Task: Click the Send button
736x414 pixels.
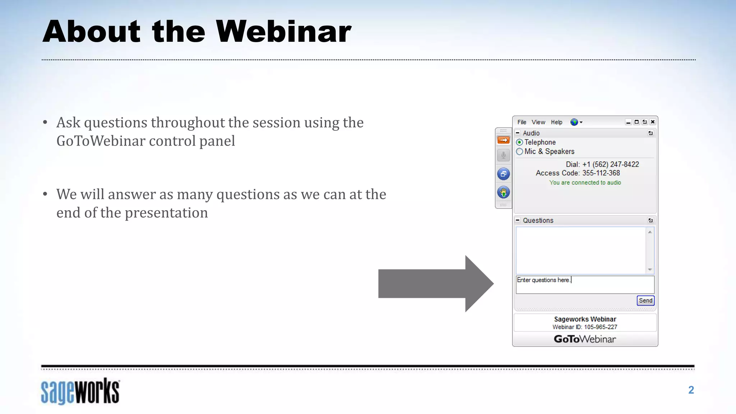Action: tap(645, 300)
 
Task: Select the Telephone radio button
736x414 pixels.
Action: tap(520, 142)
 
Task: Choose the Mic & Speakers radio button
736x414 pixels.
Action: tap(520, 152)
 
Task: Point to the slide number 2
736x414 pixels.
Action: tap(691, 390)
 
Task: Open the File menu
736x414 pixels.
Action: tap(522, 122)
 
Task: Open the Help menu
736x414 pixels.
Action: tap(556, 122)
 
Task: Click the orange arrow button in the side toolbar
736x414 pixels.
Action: tap(503, 140)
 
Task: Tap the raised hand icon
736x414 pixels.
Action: tap(503, 192)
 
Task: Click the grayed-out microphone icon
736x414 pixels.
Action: tap(503, 155)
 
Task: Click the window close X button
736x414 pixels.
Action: tap(653, 122)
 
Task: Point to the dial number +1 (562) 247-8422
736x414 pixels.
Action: tap(611, 164)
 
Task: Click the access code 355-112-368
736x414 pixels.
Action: tap(601, 173)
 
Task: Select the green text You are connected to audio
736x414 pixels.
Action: tap(585, 183)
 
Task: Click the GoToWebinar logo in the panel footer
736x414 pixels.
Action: tap(585, 339)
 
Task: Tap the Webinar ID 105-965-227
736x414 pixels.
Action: tap(600, 327)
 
